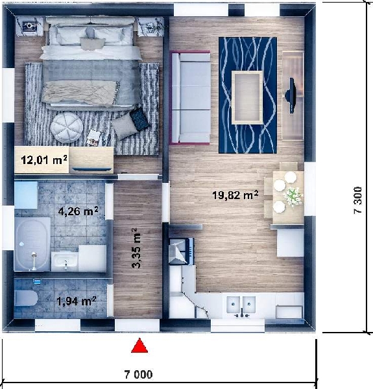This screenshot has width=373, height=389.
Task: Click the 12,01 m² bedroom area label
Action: [x=44, y=159]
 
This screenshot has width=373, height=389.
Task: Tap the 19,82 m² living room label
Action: [x=235, y=194]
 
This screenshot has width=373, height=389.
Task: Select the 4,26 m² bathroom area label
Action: [x=78, y=211]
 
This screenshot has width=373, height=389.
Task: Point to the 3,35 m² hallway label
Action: [x=136, y=248]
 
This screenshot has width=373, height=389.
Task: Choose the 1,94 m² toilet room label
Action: [x=77, y=301]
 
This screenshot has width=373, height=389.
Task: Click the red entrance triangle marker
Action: [x=139, y=346]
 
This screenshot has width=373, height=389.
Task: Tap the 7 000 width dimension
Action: [x=138, y=374]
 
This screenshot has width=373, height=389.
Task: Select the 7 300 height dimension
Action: [x=358, y=200]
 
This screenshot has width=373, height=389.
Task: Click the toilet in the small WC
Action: [x=26, y=298]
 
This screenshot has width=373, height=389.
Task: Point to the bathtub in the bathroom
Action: [x=32, y=244]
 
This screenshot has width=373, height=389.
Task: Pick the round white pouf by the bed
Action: [x=67, y=128]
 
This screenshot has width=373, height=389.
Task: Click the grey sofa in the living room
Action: [x=191, y=98]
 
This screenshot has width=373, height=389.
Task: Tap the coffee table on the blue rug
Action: [x=247, y=97]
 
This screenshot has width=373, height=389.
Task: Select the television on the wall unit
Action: [x=291, y=95]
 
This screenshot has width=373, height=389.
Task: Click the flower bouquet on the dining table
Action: [x=293, y=196]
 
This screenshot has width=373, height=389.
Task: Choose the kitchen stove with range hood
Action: [x=182, y=251]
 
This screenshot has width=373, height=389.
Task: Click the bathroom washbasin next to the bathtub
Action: [x=64, y=261]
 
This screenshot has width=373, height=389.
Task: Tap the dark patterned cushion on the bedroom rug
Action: [x=139, y=119]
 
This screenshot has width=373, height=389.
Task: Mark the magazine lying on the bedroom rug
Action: [x=93, y=138]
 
